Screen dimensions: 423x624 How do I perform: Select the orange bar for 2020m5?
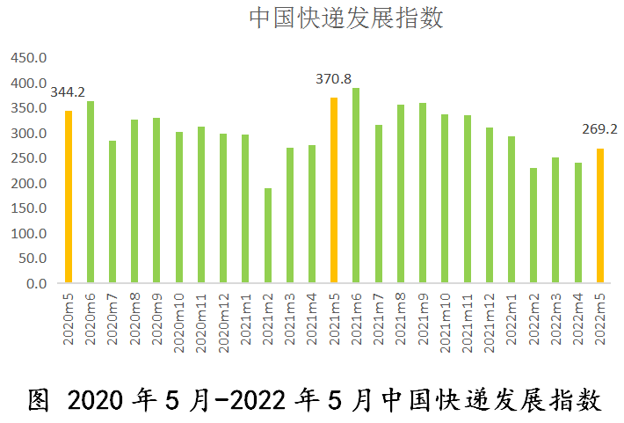click(68, 197)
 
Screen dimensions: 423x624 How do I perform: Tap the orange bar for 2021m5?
click(334, 190)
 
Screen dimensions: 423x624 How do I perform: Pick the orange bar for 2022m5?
click(600, 215)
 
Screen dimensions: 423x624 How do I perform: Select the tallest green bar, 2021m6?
click(356, 186)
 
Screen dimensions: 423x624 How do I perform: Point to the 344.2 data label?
click(68, 91)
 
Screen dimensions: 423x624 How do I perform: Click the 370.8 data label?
click(333, 79)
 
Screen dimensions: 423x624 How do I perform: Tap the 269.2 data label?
click(599, 128)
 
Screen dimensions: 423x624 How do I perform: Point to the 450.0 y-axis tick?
click(27, 58)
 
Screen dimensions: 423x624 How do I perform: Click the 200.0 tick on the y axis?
click(27, 184)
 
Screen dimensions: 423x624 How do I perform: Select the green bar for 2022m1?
click(511, 210)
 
